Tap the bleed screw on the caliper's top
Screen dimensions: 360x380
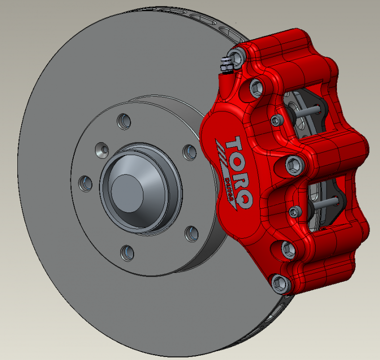[x=226, y=64]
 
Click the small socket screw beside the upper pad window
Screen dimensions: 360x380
[x=277, y=120]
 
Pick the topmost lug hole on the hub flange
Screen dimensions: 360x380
[x=123, y=120]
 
